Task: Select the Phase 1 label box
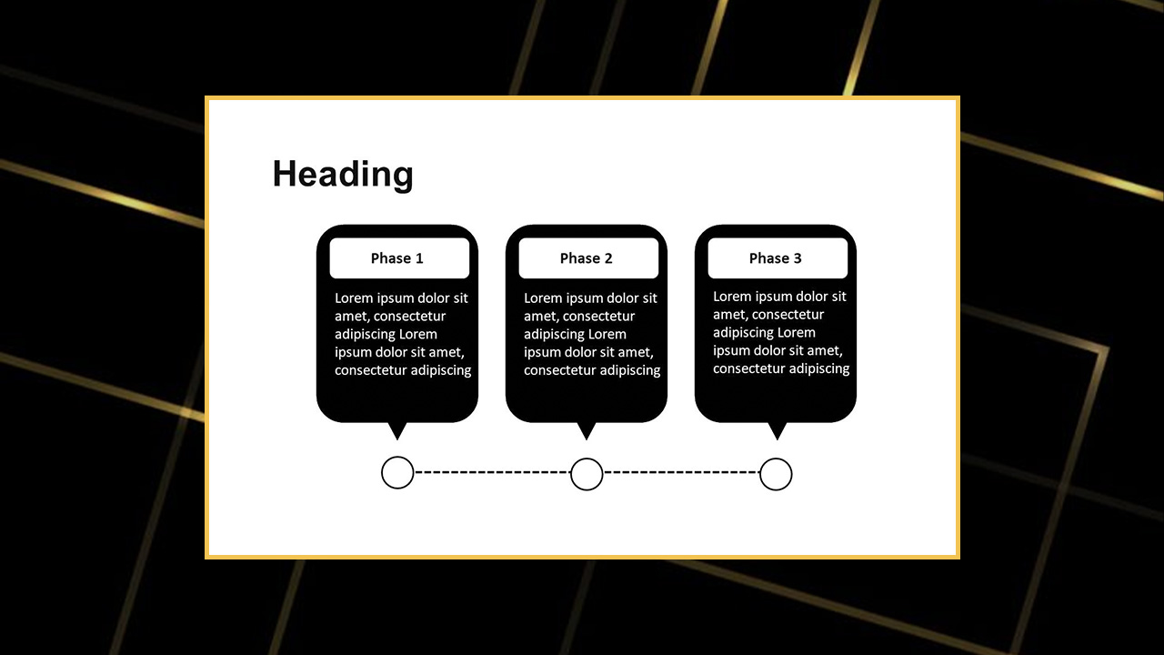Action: point(399,258)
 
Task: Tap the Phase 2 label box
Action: point(588,258)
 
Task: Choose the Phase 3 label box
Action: point(778,258)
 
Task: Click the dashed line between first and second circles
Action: point(492,472)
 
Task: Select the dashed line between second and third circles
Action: point(681,472)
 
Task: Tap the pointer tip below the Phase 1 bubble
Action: point(397,440)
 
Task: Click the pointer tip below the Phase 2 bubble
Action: point(587,440)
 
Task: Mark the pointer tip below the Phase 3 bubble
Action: point(778,440)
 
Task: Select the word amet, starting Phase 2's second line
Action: point(541,317)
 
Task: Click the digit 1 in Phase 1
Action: point(419,258)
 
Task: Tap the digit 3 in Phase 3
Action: point(798,258)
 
